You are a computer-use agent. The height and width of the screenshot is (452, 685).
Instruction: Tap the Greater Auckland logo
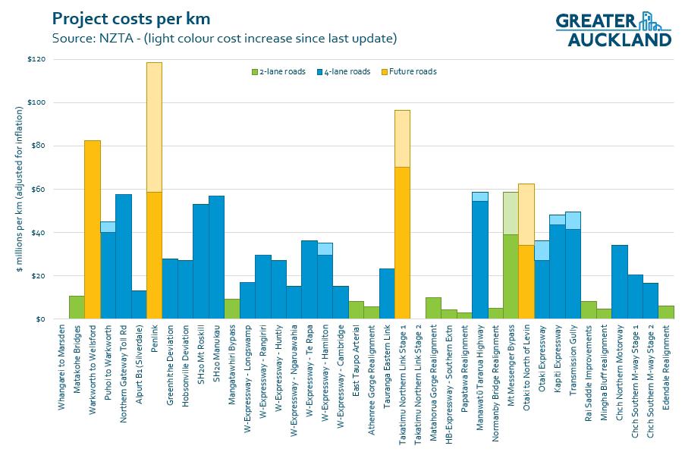(x=614, y=28)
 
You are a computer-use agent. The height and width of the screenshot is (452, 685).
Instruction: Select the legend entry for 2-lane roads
(x=278, y=72)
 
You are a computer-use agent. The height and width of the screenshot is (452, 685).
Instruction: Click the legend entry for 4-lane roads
(x=344, y=72)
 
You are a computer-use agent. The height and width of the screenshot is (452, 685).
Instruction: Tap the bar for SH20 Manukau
(x=216, y=257)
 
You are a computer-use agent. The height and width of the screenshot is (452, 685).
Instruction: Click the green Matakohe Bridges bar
(x=77, y=307)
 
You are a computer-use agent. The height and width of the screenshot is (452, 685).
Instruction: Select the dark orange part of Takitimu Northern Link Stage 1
(x=402, y=243)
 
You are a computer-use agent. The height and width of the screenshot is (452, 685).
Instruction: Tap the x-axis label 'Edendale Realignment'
(x=666, y=368)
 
